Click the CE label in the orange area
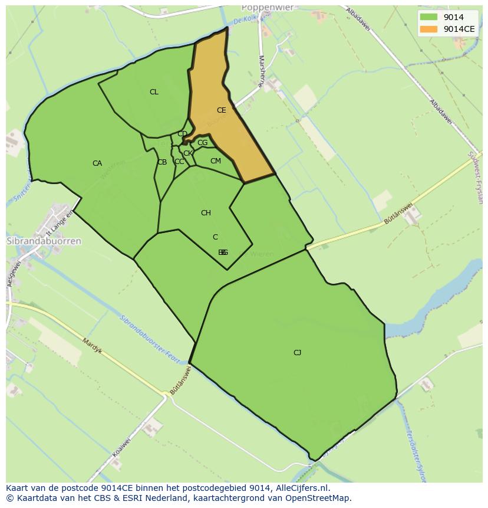(x=221, y=110)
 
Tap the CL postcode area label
(x=154, y=92)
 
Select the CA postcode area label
(x=97, y=163)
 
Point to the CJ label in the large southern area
(x=297, y=353)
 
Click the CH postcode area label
(x=206, y=213)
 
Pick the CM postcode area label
(x=215, y=161)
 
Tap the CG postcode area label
(x=202, y=143)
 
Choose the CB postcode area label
(x=161, y=162)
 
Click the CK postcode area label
(x=187, y=153)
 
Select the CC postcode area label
(x=179, y=162)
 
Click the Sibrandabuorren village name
(x=44, y=241)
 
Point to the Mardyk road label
(x=92, y=346)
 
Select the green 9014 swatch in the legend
(x=429, y=17)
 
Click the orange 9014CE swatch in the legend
(x=429, y=28)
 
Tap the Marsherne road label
(x=261, y=71)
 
